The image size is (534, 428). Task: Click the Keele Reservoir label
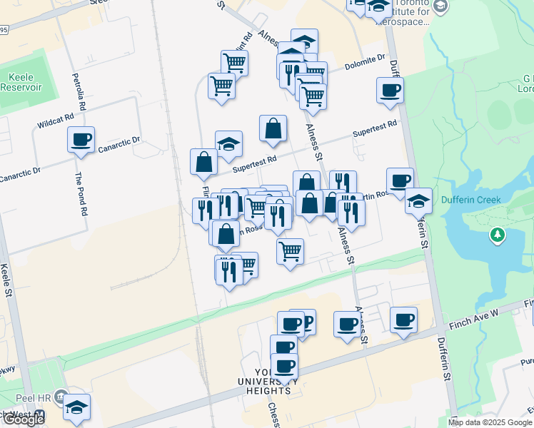point(25,82)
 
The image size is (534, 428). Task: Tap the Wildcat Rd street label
point(56,121)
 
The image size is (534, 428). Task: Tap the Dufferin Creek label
point(470,200)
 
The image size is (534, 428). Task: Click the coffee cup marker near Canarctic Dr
point(81,139)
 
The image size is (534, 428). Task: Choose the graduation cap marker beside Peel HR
point(77,407)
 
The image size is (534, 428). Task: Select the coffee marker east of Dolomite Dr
point(390,91)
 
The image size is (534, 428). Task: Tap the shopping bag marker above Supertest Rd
point(273,129)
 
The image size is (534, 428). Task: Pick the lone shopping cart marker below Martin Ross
point(290,250)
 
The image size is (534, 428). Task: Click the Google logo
point(23,419)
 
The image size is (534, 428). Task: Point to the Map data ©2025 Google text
point(490,422)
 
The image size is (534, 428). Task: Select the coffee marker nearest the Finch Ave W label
point(403,320)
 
